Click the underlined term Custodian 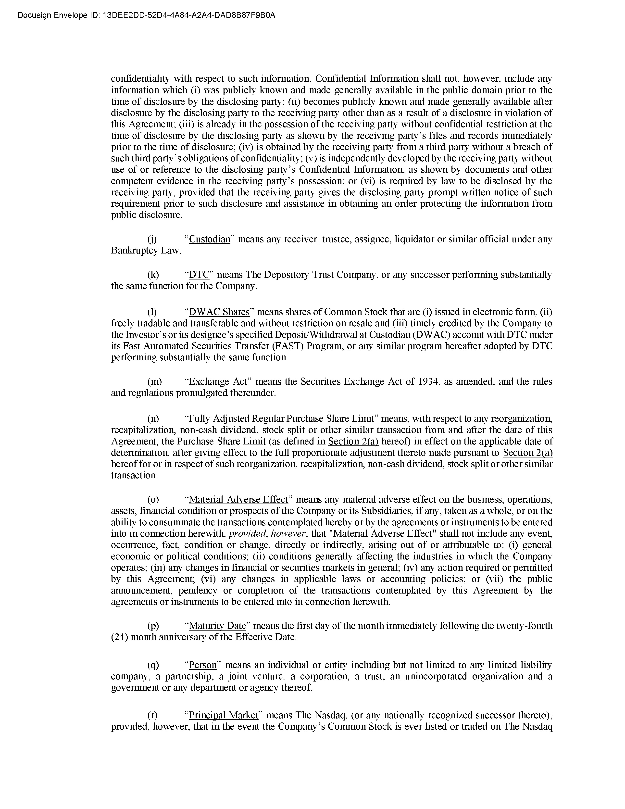[x=210, y=239]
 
